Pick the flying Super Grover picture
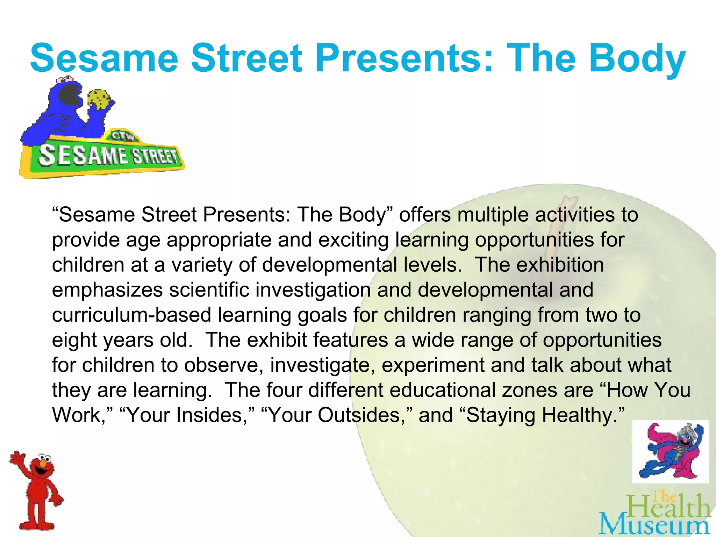(x=671, y=451)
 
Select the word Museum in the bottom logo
(x=654, y=526)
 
